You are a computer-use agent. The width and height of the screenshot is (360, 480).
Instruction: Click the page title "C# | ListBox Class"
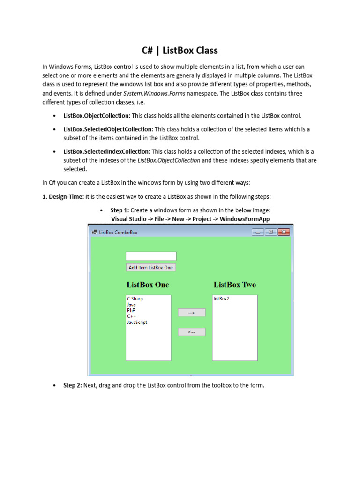[x=180, y=50]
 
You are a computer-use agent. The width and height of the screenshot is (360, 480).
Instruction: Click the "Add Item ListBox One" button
[x=151, y=268]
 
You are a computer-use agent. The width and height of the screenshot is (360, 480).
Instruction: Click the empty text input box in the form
[x=151, y=256]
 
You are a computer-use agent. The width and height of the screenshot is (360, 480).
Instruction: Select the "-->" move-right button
[x=191, y=313]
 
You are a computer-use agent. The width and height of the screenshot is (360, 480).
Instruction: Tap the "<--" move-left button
[x=191, y=332]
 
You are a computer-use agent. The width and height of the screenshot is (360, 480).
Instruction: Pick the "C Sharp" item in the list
[x=135, y=299]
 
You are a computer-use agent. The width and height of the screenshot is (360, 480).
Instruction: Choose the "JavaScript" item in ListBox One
[x=137, y=322]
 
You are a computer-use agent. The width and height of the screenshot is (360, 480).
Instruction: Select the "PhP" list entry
[x=131, y=310]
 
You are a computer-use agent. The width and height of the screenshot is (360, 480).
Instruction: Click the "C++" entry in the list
[x=131, y=316]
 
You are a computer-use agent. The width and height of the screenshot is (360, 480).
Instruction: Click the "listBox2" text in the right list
[x=222, y=299]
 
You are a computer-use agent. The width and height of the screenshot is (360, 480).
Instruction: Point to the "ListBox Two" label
[x=235, y=285]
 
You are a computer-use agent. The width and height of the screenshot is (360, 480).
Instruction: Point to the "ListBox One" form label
[x=148, y=285]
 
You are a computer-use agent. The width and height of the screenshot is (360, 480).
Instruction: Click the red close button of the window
[x=284, y=232]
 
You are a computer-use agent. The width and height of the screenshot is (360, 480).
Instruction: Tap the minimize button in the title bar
[x=258, y=232]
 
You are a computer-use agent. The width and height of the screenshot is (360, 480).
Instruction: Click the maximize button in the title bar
[x=270, y=232]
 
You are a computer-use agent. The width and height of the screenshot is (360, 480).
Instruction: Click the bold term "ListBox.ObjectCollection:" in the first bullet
[x=97, y=116]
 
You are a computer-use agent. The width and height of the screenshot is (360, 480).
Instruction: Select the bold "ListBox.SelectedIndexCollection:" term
[x=107, y=152]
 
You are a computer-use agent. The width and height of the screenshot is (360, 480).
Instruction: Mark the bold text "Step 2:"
[x=73, y=385]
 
